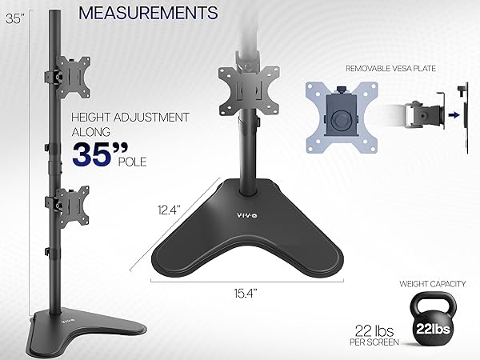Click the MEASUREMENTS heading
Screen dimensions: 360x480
point(150,14)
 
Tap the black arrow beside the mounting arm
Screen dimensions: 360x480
point(453,114)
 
